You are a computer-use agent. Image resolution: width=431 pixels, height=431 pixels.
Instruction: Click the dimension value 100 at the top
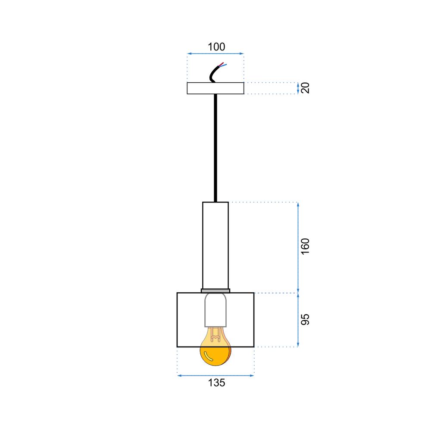pyautogui.click(x=216, y=47)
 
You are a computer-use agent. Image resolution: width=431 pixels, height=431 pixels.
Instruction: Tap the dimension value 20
pyautogui.click(x=305, y=88)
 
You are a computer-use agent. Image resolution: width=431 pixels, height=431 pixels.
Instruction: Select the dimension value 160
pyautogui.click(x=305, y=247)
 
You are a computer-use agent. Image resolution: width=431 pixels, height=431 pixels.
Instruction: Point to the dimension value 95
pyautogui.click(x=305, y=319)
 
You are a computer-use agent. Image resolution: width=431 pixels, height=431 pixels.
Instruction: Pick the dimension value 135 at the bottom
pyautogui.click(x=217, y=383)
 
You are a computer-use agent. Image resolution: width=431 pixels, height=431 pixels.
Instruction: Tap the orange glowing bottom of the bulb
pyautogui.click(x=215, y=356)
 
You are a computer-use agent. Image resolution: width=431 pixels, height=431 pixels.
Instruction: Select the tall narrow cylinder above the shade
pyautogui.click(x=215, y=246)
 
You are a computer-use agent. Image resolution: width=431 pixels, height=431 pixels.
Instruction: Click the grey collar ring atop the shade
pyautogui.click(x=215, y=291)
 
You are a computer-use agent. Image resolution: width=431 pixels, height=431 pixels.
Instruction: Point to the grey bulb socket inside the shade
pyautogui.click(x=215, y=310)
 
